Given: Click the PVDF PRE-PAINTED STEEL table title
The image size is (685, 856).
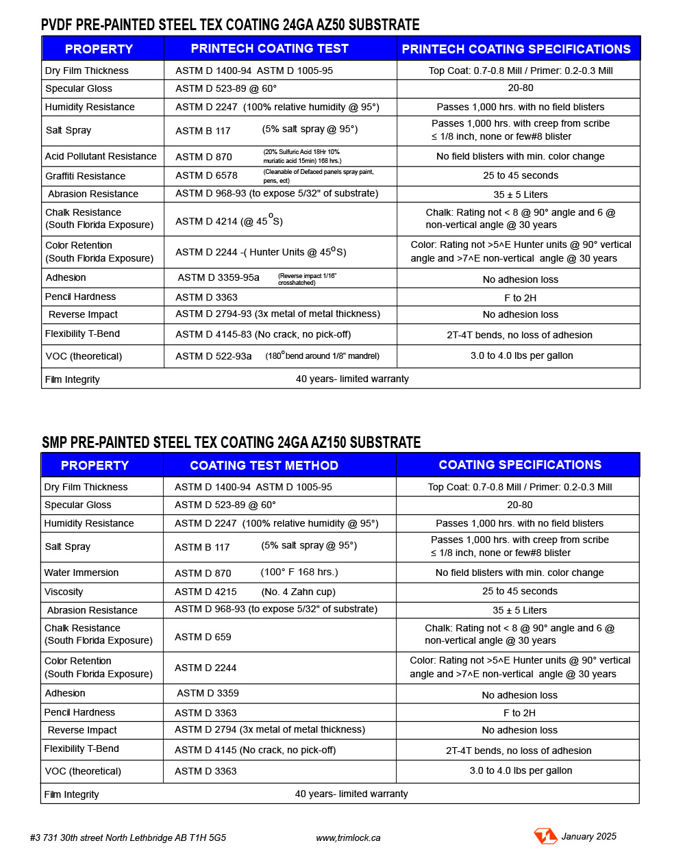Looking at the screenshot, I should coord(230,25).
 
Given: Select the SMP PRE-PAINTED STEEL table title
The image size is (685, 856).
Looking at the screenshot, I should coord(231,442).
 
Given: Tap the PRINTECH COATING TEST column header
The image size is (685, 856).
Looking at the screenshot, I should coord(269,49).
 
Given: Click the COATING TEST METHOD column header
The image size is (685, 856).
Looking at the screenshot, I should coord(264,466).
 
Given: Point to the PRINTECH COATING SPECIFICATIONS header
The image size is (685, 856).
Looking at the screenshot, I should coord(516,49).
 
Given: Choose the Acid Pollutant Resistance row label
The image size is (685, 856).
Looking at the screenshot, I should coord(101,156).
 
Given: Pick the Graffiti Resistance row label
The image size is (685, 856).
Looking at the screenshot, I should coord(85,176).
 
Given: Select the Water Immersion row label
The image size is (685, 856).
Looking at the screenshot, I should coord(82,572).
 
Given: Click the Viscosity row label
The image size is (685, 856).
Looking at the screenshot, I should coord(64,592).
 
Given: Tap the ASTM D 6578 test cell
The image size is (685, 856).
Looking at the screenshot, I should coord(206,176).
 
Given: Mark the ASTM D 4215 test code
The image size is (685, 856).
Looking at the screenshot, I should coord(206,592).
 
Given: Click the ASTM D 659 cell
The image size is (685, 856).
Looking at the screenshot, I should coord(203,637).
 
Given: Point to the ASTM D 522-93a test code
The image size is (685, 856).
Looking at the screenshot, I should coord(213,356).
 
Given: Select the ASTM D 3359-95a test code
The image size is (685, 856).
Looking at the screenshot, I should coord(219,277).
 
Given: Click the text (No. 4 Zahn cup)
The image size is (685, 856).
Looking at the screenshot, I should coord(298,592).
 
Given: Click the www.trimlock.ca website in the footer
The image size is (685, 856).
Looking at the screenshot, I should coord(348,838).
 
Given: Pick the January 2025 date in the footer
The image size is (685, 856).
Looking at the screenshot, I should coord(588,836).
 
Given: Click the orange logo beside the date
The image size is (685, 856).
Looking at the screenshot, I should coord(545,836).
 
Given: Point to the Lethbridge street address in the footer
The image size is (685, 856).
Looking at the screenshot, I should coord(128,838).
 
